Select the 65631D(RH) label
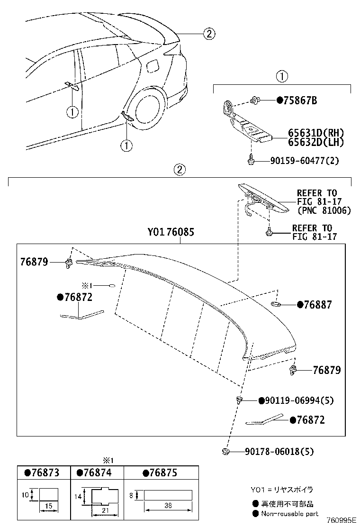316,133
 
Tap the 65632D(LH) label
316,142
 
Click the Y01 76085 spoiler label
171,233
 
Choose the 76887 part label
318,305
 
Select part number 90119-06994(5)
299,400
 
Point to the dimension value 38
168,506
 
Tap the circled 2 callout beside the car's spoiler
209,34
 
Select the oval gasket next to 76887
277,303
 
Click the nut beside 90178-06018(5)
226,452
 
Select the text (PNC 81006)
324,210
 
